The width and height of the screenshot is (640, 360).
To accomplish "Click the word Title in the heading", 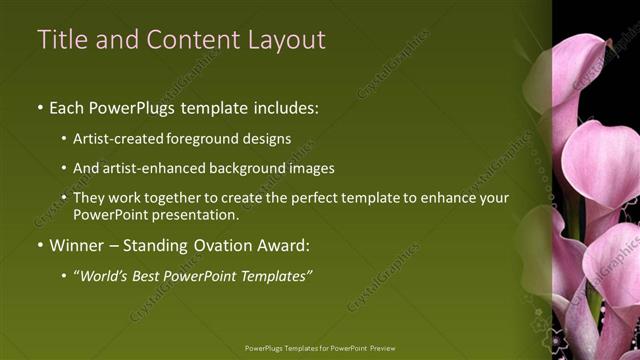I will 62,39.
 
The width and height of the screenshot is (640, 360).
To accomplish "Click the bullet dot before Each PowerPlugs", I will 39,106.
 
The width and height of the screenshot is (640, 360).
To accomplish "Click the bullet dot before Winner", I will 39,244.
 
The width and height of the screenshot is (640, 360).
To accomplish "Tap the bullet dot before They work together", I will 65,199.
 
